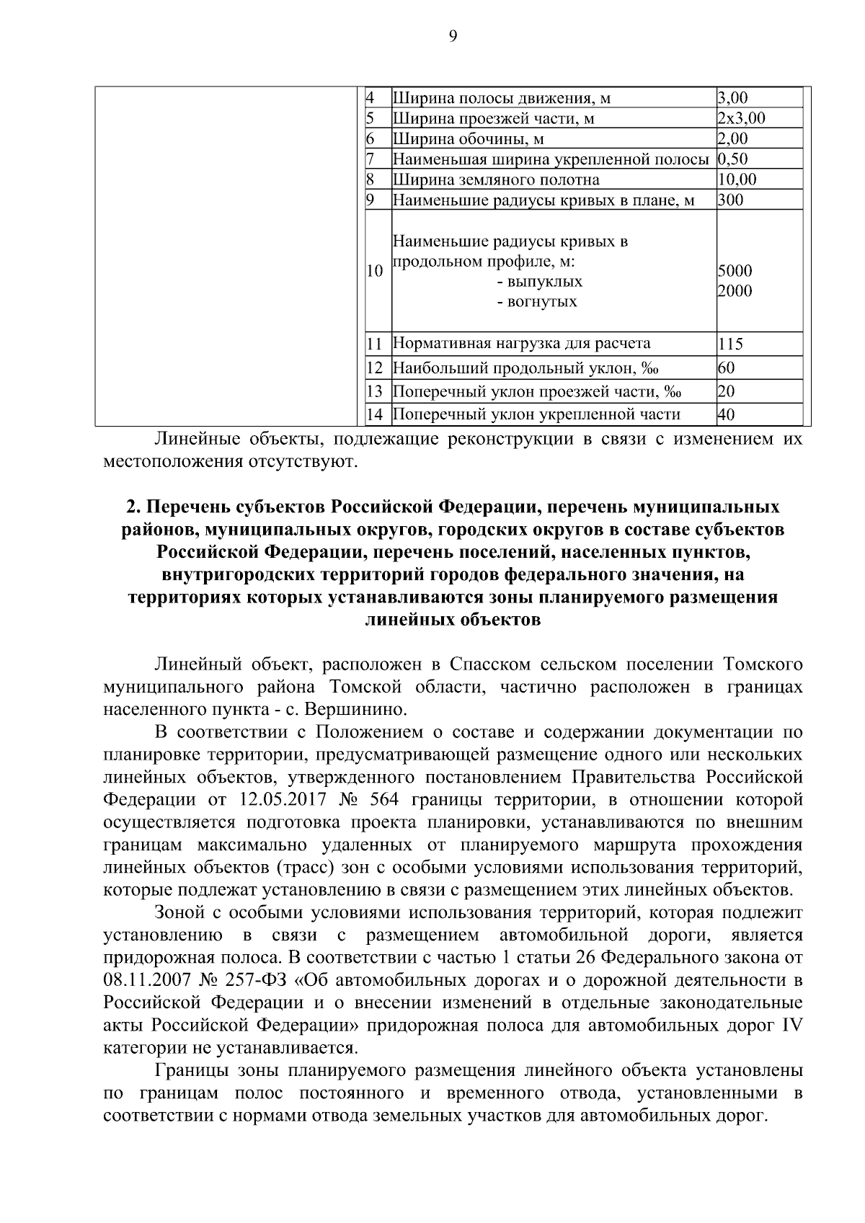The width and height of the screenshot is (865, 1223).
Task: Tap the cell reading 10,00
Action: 737,179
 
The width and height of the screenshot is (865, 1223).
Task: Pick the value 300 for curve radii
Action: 730,200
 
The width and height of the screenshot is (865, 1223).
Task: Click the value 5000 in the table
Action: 735,272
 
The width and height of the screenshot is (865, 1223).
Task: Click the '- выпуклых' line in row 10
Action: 540,282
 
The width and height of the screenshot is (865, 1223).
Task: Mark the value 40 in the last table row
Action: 726,414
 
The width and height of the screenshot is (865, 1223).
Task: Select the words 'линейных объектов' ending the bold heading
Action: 453,620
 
